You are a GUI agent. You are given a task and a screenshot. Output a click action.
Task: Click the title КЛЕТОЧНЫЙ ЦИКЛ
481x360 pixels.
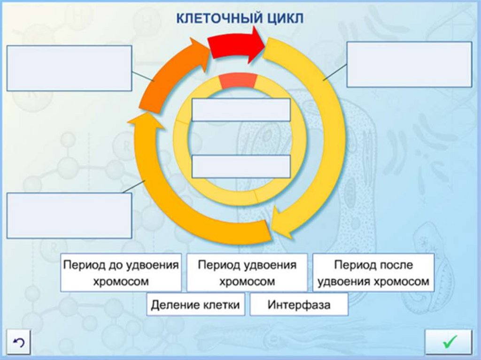240,19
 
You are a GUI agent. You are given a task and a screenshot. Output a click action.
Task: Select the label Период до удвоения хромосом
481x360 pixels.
121,273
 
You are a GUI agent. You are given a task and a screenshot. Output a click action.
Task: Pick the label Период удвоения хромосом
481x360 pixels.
247,273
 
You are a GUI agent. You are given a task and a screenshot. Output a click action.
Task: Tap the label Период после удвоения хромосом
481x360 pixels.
373,273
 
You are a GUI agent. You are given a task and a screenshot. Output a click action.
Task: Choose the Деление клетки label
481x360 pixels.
195,305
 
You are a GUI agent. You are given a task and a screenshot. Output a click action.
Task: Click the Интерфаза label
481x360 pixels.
299,305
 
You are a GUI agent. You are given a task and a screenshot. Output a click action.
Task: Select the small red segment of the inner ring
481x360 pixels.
238,81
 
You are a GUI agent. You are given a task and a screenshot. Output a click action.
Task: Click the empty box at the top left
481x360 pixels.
69,68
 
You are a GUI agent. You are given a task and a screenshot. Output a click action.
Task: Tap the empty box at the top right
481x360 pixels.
409,64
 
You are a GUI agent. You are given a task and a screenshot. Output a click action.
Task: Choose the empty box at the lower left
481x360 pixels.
69,215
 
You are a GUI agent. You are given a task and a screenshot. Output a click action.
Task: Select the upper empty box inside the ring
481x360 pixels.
241,110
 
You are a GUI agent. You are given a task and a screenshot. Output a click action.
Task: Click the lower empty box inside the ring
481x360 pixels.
241,167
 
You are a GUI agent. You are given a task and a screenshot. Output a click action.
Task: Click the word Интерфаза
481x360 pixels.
299,305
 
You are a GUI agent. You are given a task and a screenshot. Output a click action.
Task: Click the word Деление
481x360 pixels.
171,305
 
